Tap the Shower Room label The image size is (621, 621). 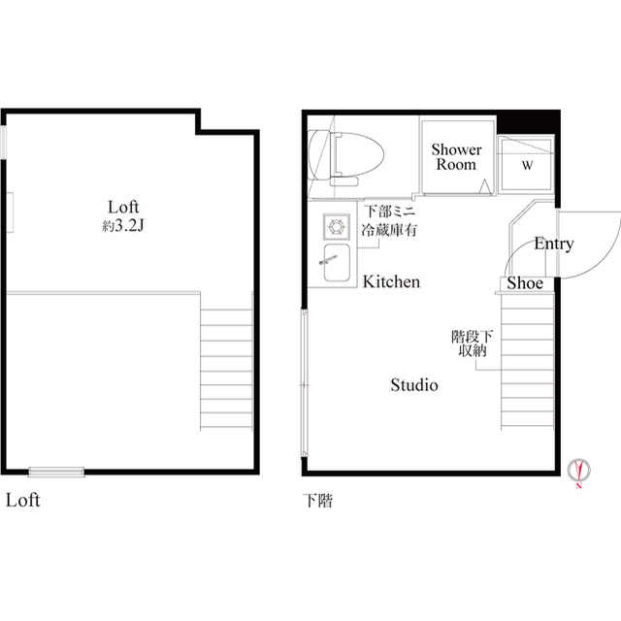pos(456,157)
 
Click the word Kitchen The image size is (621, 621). pos(391,282)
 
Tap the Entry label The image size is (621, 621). pos(553,245)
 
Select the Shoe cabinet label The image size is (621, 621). pos(525,283)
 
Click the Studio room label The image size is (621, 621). pos(414,385)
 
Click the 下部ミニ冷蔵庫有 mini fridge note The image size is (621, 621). pos(390,220)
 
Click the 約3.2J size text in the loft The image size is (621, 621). pos(123,225)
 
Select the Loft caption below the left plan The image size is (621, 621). pos(22,502)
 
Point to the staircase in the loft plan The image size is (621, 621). pos(226,369)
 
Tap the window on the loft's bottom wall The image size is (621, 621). pos(56,473)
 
